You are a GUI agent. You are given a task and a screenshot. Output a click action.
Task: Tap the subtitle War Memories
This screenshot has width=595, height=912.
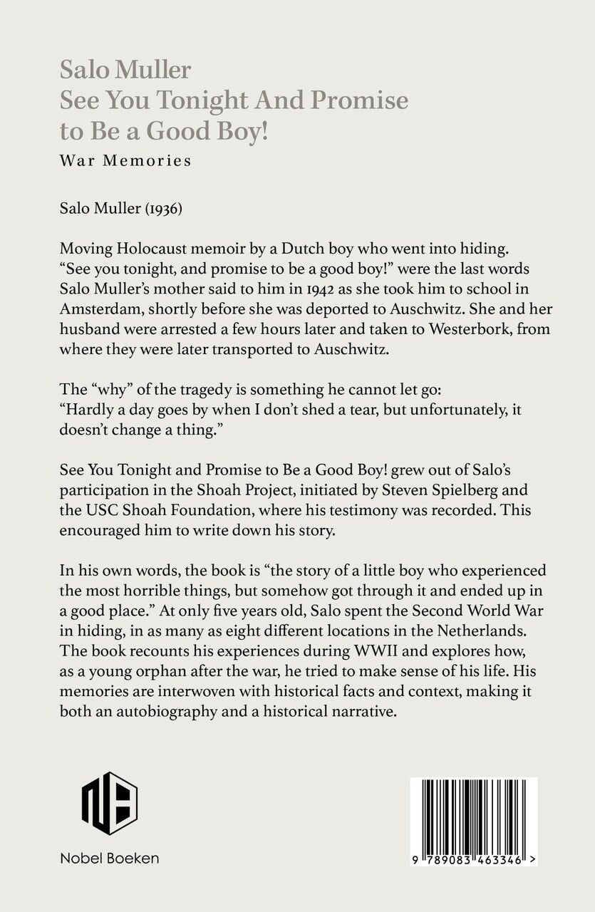[x=126, y=160]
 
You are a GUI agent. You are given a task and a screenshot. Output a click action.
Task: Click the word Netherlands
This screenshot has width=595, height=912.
[x=469, y=610]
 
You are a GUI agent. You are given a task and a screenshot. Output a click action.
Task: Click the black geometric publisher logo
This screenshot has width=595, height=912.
[x=109, y=802]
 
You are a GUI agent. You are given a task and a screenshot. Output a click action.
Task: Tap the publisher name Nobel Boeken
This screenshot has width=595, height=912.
[x=109, y=859]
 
